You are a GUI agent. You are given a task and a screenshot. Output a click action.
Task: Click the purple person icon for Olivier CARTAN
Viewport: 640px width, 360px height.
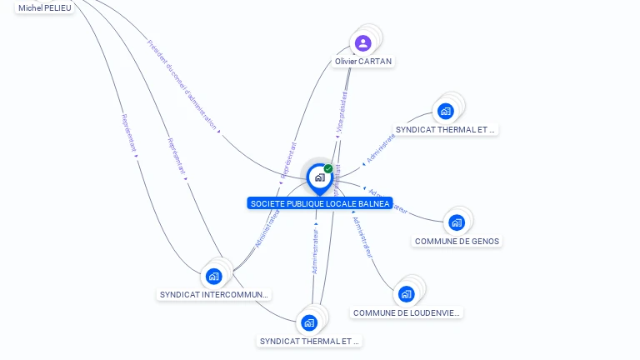click(x=362, y=42)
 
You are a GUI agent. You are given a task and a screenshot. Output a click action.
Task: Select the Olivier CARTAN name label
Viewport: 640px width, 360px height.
click(x=363, y=62)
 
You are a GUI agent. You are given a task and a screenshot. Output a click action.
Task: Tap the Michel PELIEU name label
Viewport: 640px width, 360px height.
click(x=45, y=7)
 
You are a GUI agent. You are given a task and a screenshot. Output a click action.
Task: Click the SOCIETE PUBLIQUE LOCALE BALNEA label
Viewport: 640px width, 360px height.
click(x=320, y=203)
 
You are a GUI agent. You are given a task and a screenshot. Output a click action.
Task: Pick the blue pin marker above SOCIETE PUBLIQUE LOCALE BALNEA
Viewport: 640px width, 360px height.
click(x=319, y=177)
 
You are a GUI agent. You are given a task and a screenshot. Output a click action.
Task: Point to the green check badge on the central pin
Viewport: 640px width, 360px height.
click(x=328, y=168)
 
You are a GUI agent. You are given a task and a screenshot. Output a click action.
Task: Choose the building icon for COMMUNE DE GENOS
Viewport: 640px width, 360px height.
click(x=456, y=222)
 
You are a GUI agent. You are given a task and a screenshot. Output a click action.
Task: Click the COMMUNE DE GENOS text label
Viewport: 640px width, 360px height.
click(x=457, y=242)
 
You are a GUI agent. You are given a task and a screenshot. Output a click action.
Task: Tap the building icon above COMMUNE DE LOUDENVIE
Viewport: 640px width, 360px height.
click(x=406, y=293)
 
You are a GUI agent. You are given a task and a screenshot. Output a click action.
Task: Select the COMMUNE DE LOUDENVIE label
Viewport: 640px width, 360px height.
click(x=407, y=313)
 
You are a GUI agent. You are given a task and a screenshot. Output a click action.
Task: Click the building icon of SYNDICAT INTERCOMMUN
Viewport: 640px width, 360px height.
click(x=213, y=276)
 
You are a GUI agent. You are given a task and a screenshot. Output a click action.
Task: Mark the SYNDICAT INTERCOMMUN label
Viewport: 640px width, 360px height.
click(x=215, y=295)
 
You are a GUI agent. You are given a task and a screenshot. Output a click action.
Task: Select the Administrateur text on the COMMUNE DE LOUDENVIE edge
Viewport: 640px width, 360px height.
click(x=362, y=237)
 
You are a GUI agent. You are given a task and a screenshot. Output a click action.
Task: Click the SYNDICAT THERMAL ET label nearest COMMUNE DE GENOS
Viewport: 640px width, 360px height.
click(x=446, y=130)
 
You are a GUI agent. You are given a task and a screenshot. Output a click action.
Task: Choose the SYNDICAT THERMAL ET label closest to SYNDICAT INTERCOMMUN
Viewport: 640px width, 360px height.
click(x=309, y=342)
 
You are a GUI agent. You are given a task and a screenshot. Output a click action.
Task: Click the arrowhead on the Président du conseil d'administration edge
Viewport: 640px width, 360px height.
click(x=219, y=130)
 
